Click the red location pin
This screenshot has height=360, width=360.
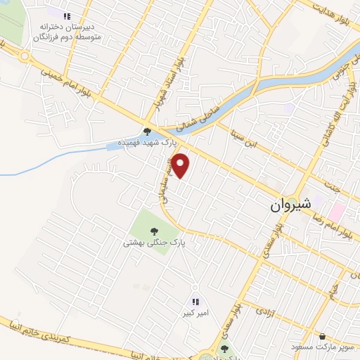pyautogui.click(x=181, y=165)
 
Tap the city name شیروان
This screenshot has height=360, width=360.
pyautogui.click(x=293, y=205)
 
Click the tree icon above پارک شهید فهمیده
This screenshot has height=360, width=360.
pyautogui.click(x=147, y=131)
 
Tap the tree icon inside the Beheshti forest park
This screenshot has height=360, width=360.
pyautogui.click(x=153, y=230)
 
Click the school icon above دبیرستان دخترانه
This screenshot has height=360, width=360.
pyautogui.click(x=67, y=15)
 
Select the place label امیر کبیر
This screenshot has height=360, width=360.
pyautogui.click(x=193, y=312)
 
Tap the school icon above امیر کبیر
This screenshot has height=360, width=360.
pyautogui.click(x=195, y=301)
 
